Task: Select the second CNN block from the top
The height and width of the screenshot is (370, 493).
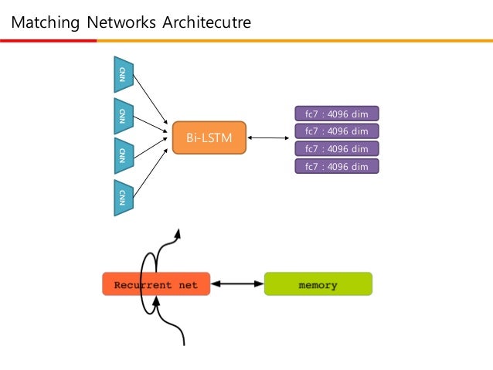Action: click(x=122, y=116)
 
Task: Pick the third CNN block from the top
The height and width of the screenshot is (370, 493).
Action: click(x=122, y=156)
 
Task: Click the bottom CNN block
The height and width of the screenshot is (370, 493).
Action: click(x=122, y=198)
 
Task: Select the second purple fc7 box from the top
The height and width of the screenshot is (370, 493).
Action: click(x=337, y=131)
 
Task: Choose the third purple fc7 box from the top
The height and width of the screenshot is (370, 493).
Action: click(x=337, y=148)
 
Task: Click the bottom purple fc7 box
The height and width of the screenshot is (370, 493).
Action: click(x=337, y=165)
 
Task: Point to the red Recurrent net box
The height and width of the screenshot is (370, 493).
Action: click(x=156, y=284)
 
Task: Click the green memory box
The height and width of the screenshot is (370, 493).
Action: click(x=318, y=284)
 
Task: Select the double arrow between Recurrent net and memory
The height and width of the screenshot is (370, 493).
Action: click(x=237, y=284)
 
